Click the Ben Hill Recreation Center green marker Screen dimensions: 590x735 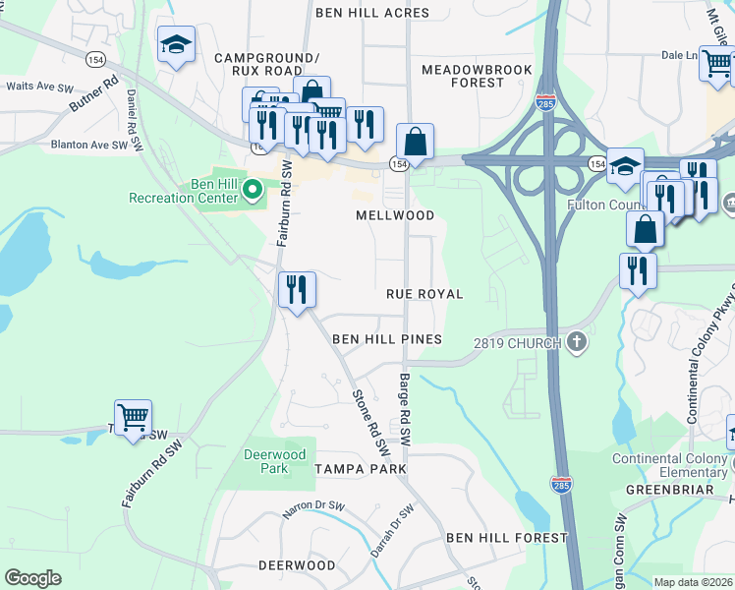pyautogui.click(x=252, y=188)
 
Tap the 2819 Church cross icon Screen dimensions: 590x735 pyautogui.click(x=577, y=342)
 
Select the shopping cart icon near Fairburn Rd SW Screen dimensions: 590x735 pyautogui.click(x=133, y=417)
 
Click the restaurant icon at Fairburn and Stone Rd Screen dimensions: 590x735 pyautogui.click(x=296, y=289)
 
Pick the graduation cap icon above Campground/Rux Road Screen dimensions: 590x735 pyautogui.click(x=176, y=44)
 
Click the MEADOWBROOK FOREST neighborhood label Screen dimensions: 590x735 pyautogui.click(x=477, y=77)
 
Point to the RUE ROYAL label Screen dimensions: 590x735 pyautogui.click(x=424, y=294)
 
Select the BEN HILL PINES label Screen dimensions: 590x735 pyautogui.click(x=386, y=339)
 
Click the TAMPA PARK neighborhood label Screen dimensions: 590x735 pyautogui.click(x=360, y=470)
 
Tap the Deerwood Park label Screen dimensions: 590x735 pyautogui.click(x=275, y=461)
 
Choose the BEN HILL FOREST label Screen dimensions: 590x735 pyautogui.click(x=506, y=538)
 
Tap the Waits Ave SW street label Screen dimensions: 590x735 pyautogui.click(x=40, y=87)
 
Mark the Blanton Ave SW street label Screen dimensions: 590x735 pyautogui.click(x=89, y=145)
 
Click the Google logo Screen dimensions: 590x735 pyautogui.click(x=32, y=577)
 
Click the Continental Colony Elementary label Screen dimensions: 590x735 pyautogui.click(x=671, y=466)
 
